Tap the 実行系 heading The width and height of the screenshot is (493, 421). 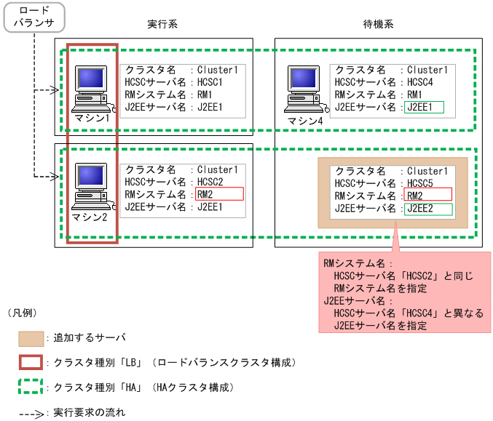162,24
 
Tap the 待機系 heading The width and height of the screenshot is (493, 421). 379,24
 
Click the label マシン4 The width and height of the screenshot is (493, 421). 304,121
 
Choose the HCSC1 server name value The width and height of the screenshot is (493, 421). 210,83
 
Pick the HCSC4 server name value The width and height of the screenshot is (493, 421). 420,83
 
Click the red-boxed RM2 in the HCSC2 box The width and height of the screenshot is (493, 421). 219,194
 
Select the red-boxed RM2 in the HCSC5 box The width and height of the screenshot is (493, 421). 428,194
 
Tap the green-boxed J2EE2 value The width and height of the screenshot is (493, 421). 428,209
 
